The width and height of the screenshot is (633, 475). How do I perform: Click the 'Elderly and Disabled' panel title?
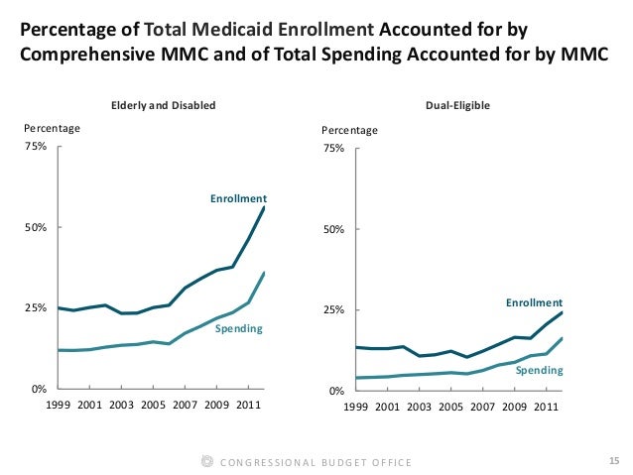tap(163, 104)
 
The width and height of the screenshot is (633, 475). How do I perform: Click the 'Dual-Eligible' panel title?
tap(457, 104)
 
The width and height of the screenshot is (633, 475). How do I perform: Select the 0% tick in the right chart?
tap(335, 392)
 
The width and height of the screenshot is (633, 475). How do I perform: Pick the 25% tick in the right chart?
tap(332, 310)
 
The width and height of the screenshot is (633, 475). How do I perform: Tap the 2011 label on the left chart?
tap(248, 406)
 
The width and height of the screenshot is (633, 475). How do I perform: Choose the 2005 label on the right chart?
tap(451, 407)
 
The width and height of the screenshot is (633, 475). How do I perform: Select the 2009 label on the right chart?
tap(514, 407)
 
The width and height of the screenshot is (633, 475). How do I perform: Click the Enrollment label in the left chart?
tap(238, 199)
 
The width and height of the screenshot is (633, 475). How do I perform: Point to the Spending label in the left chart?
tap(239, 328)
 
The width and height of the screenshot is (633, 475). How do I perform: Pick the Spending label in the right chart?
tap(540, 370)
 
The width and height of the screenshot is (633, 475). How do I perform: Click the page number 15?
tap(611, 461)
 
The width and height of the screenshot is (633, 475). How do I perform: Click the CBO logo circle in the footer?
tap(206, 461)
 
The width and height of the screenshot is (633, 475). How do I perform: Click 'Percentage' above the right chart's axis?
tap(349, 130)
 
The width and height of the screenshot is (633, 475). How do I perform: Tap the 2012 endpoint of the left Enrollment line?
tap(264, 206)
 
